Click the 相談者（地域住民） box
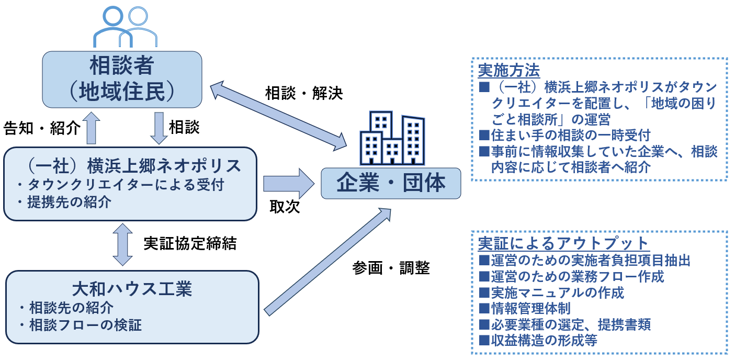122,80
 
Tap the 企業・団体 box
391,183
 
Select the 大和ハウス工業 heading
132,289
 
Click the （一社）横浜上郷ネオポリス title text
133,166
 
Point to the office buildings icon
392,138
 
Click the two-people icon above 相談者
126,27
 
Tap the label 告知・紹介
42,128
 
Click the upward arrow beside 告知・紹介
91,128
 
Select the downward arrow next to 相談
159,128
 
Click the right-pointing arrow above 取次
289,184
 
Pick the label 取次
285,207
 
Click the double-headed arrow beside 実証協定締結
122,244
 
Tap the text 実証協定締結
190,243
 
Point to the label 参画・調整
391,268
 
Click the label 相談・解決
304,93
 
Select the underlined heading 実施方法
508,70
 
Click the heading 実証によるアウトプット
563,243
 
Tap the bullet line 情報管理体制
525,309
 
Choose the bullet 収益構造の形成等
538,340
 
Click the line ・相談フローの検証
80,325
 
